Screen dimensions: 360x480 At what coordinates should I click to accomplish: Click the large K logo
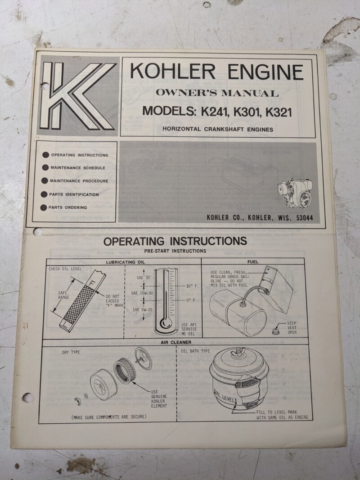pos(76,95)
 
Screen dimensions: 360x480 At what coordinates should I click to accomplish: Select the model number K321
pos(279,112)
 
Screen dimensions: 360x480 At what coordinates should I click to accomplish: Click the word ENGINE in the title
pos(265,72)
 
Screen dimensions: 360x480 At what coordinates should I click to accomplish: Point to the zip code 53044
pos(305,218)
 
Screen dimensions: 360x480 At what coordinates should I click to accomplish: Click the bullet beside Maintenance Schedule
pos(45,167)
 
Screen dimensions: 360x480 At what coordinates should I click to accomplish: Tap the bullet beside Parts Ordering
pos(44,207)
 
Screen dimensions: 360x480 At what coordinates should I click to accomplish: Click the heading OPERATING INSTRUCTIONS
pos(175,241)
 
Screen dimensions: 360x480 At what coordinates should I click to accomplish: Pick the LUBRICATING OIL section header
pos(125,262)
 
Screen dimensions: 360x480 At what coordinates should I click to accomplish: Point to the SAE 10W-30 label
pos(142,293)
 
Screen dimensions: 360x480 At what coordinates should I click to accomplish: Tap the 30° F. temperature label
pos(192,287)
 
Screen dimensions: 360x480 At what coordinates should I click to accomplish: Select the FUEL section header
pos(253,262)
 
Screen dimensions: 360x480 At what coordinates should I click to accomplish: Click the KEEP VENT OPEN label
pos(292,327)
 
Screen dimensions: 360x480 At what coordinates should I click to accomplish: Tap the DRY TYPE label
pos(71,352)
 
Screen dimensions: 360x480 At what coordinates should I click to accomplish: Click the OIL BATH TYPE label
pos(195,351)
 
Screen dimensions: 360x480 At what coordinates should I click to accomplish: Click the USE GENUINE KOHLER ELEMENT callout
pos(159,399)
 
